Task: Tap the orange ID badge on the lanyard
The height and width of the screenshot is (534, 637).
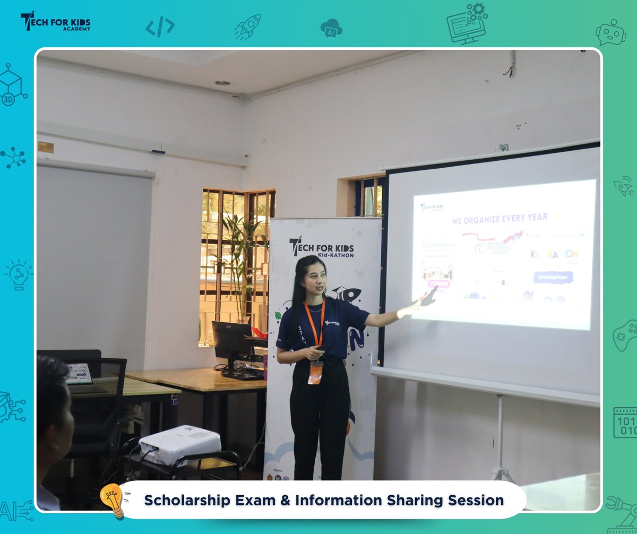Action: (315, 372)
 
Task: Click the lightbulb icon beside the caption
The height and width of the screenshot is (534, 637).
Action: (113, 499)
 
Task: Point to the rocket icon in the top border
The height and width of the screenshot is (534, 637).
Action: (247, 27)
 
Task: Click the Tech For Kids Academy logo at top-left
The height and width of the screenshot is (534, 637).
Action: (56, 22)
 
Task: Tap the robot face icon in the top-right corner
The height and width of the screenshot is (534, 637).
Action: (610, 32)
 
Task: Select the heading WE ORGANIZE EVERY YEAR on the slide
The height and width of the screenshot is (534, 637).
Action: (500, 218)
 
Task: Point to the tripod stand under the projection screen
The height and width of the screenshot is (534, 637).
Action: (500, 441)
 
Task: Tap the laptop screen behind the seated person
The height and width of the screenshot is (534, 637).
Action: (79, 374)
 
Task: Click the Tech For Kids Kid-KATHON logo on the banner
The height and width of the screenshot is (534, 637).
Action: (322, 247)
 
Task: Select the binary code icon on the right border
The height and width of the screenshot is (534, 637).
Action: (625, 423)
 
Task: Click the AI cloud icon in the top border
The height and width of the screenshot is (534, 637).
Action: (331, 28)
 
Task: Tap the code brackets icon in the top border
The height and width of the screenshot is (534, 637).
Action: (160, 27)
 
